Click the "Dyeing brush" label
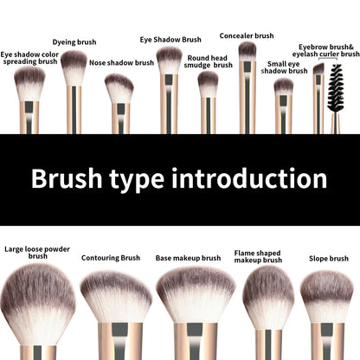[74, 42]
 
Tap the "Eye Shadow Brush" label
[170, 39]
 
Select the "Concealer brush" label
[247, 35]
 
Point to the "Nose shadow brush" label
[120, 62]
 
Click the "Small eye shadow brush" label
[284, 67]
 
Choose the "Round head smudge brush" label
[209, 61]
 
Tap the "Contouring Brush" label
[111, 257]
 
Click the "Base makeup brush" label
[188, 257]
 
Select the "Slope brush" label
[329, 258]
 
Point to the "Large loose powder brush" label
[37, 252]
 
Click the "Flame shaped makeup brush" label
[258, 256]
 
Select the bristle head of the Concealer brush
[247, 52]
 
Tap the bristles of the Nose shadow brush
[119, 87]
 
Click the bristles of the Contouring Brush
[116, 294]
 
